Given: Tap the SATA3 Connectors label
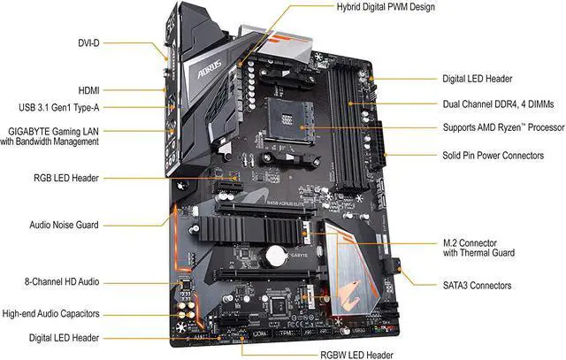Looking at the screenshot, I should tap(477, 285).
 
